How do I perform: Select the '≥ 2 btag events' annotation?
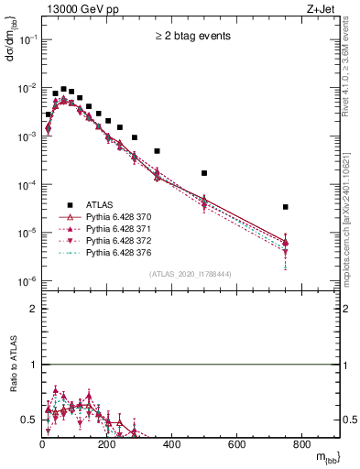coord(193,38)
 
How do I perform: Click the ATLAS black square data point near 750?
coord(286,207)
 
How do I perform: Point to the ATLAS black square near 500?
coord(204,173)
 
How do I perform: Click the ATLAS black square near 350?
coord(157,150)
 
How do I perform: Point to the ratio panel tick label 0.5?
coord(30,420)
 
